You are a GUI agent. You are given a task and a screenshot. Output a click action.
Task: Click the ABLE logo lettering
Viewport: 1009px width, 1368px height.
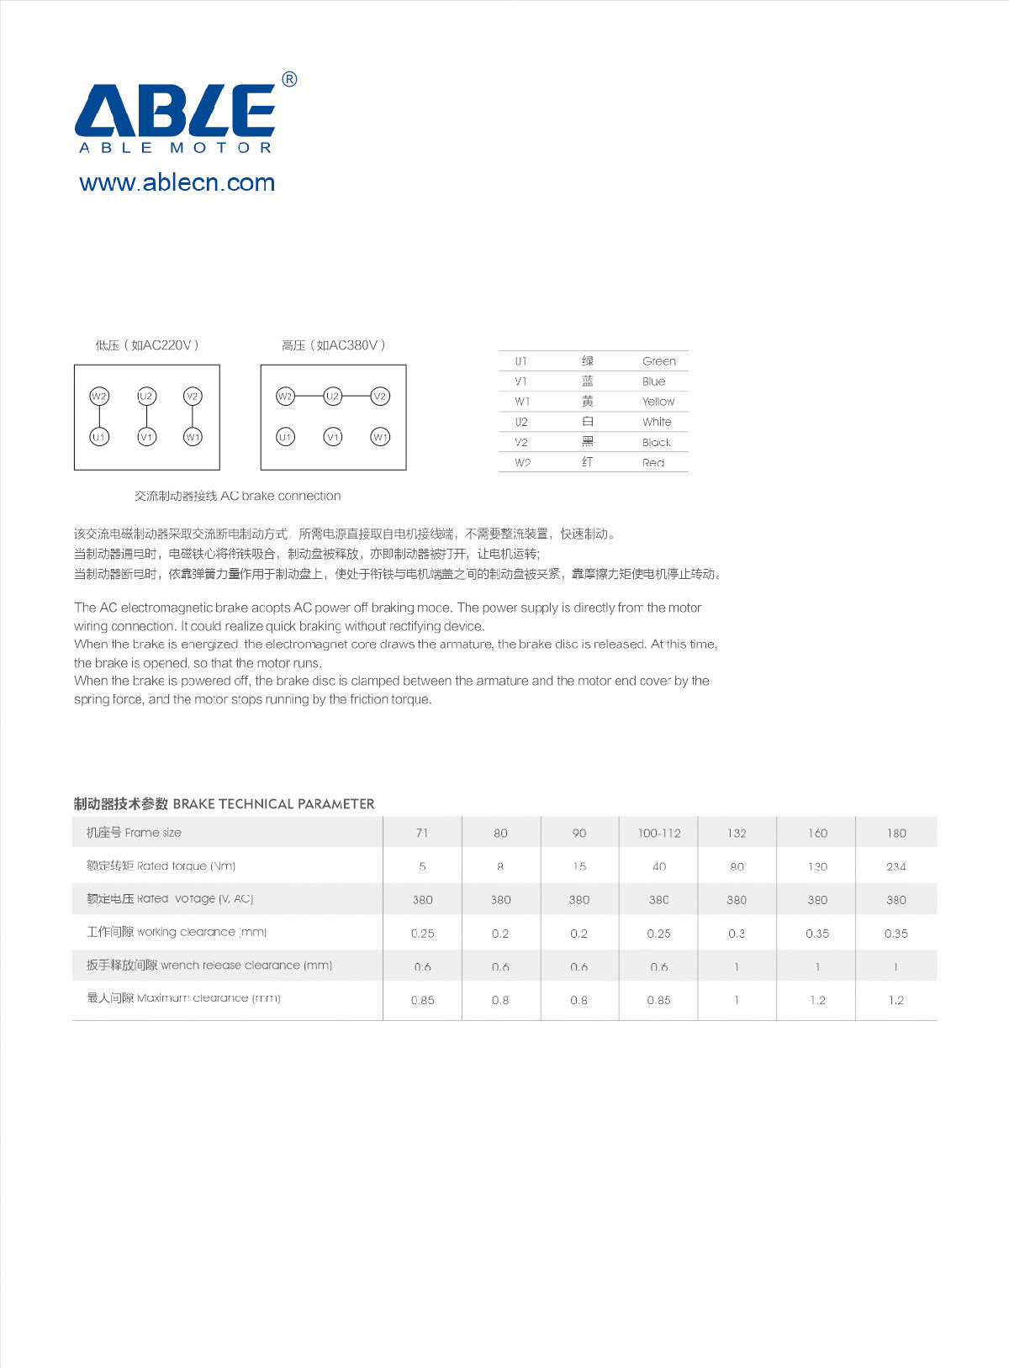click(175, 110)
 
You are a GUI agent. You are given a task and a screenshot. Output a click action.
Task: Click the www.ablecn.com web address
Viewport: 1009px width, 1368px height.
click(177, 182)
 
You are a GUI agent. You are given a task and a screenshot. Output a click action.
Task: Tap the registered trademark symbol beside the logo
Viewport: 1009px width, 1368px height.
click(288, 80)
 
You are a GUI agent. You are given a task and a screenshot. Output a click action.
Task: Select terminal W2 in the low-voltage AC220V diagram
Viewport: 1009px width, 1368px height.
click(99, 397)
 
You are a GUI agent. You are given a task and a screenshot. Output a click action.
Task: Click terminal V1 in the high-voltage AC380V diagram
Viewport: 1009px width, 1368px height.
click(333, 437)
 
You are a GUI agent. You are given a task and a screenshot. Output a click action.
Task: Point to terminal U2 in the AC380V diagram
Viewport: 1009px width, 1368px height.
click(333, 397)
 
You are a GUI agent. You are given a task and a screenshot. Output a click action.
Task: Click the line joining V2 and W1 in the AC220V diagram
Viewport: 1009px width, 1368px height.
click(193, 417)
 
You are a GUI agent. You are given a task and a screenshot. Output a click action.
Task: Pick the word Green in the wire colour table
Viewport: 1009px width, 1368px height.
click(658, 361)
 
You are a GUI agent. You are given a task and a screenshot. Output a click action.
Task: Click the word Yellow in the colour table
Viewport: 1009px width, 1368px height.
click(658, 402)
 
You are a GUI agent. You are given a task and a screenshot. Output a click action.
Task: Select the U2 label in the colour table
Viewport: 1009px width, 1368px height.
click(521, 422)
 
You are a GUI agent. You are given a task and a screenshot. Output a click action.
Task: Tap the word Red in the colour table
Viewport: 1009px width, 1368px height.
click(652, 463)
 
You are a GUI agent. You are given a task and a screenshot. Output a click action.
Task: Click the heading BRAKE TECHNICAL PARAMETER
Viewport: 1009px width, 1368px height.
click(273, 804)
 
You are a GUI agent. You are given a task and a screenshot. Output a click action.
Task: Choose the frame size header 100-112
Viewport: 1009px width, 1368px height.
click(658, 833)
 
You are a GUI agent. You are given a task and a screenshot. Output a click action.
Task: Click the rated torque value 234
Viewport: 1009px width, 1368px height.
click(895, 866)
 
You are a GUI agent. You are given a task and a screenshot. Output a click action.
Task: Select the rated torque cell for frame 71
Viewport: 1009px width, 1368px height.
click(422, 866)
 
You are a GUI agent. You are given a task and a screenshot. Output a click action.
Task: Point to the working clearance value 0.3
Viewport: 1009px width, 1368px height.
click(737, 934)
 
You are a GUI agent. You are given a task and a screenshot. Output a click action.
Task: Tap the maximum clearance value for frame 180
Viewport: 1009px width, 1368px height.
click(895, 1000)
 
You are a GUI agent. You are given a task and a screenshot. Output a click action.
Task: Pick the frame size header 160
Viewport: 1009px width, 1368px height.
click(817, 833)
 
